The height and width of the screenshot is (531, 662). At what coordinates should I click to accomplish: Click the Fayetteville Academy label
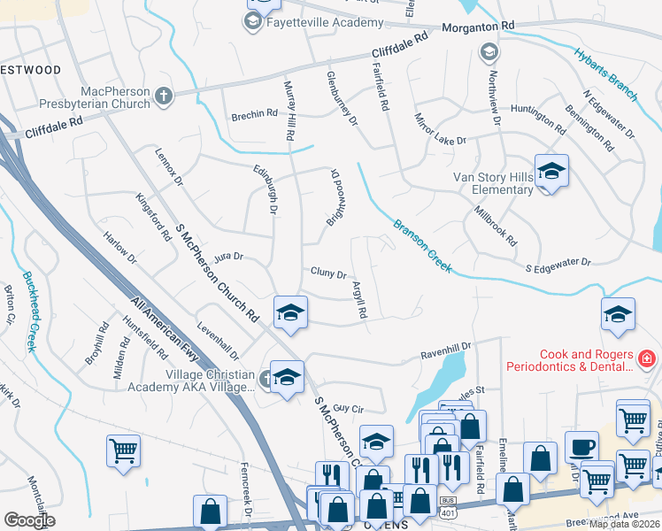click(325, 23)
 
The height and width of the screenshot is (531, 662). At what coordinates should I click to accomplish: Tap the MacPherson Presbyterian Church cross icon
click(163, 95)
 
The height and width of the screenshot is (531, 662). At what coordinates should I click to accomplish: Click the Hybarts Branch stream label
click(605, 73)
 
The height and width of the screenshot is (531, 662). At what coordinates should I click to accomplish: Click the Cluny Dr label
click(327, 273)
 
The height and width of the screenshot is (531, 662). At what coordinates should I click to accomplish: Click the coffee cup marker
click(583, 447)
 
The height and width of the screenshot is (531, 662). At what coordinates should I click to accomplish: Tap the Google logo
click(29, 520)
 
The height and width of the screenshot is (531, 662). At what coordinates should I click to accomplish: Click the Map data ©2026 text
click(624, 524)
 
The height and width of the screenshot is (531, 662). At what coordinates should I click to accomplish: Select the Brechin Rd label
click(254, 114)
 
